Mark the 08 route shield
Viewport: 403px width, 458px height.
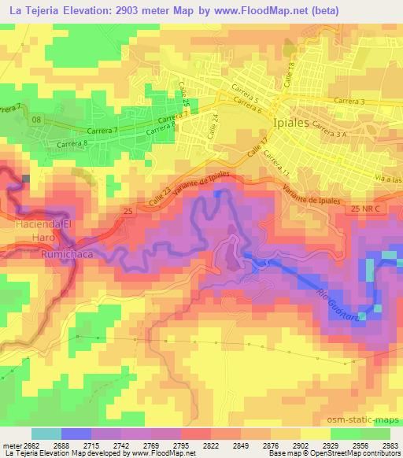coord(36,120)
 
